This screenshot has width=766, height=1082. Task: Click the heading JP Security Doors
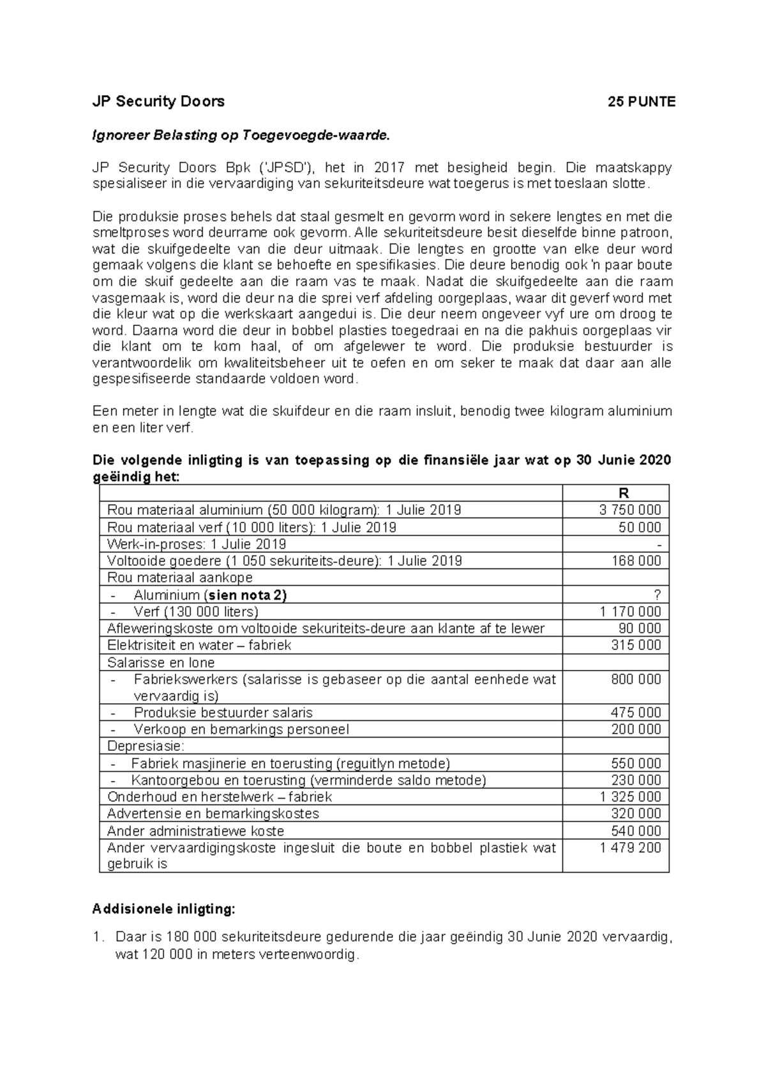[x=158, y=101]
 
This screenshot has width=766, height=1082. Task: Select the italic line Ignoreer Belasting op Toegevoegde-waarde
[x=240, y=135]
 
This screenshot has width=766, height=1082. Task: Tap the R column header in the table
[x=623, y=493]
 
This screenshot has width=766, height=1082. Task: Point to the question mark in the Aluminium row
[x=657, y=595]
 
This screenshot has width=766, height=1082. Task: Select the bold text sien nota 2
[x=245, y=595]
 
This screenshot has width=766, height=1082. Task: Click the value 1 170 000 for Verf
[x=630, y=612]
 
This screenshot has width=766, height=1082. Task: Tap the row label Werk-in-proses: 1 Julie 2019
[x=197, y=544]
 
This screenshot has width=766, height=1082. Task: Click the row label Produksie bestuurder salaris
[x=223, y=713]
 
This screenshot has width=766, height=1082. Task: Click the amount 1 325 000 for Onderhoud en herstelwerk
[x=630, y=797]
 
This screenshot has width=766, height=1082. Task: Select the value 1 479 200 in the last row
[x=630, y=848]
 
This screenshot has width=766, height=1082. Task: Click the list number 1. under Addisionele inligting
[x=97, y=937]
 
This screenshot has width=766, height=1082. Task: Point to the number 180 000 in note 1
[x=192, y=937]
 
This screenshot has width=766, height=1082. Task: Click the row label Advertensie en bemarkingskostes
[x=213, y=813]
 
